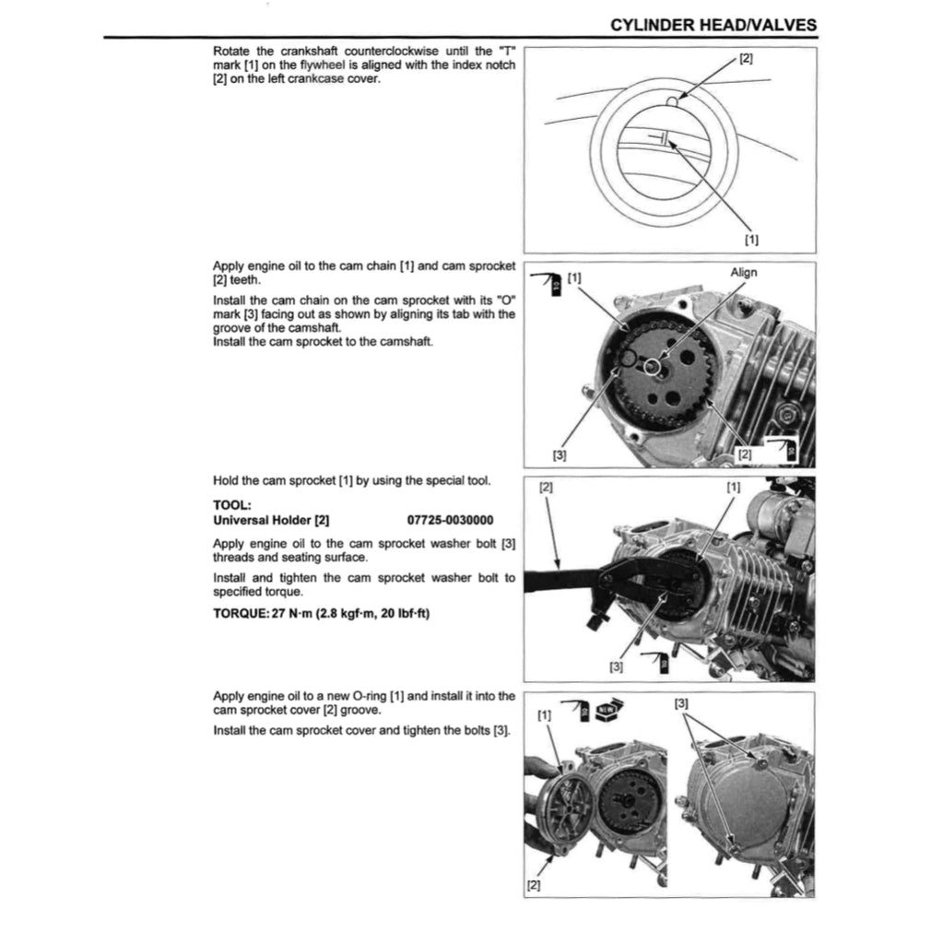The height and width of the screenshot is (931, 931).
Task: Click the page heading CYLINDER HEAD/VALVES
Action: pyautogui.click(x=713, y=25)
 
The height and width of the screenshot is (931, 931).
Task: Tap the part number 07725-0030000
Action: pyautogui.click(x=449, y=520)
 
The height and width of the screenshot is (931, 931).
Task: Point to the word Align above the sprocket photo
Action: pyautogui.click(x=743, y=272)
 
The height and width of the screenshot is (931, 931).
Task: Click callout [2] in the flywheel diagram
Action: pyautogui.click(x=746, y=59)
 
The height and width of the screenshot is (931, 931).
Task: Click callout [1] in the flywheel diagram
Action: pyautogui.click(x=751, y=240)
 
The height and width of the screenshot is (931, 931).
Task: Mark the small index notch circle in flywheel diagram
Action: pyautogui.click(x=674, y=103)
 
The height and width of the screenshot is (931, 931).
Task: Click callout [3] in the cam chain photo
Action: pyautogui.click(x=559, y=454)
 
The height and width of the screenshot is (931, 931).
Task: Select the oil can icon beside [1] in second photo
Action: pyautogui.click(x=551, y=282)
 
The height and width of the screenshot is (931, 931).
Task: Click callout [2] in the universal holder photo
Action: pyautogui.click(x=545, y=488)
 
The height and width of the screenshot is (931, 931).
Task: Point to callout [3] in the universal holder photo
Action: pyautogui.click(x=617, y=666)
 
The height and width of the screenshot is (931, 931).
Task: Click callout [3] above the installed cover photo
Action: pyautogui.click(x=681, y=703)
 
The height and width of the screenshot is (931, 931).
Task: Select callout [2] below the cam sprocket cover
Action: pyautogui.click(x=533, y=885)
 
